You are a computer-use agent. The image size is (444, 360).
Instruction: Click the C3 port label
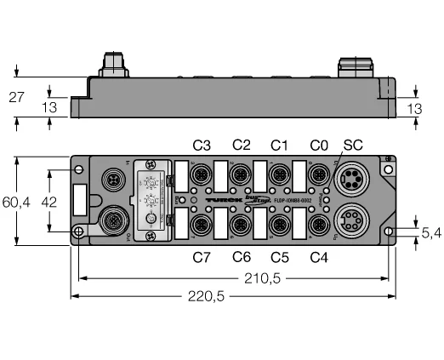pyautogui.click(x=202, y=146)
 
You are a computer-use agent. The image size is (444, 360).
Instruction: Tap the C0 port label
pyautogui.click(x=318, y=146)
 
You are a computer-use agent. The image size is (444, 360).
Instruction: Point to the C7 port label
pyautogui.click(x=202, y=257)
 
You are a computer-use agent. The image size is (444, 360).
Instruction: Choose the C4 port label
pyautogui.click(x=318, y=257)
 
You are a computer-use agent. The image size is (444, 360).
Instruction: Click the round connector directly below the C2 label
pyautogui.click(x=241, y=175)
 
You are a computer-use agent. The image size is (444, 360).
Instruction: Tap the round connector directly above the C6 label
pyautogui.click(x=241, y=226)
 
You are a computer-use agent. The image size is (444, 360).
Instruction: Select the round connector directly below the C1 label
pyautogui.click(x=278, y=175)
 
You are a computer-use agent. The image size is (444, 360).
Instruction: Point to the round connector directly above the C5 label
pyautogui.click(x=278, y=226)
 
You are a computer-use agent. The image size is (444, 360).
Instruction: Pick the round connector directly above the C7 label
pyautogui.click(x=202, y=226)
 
